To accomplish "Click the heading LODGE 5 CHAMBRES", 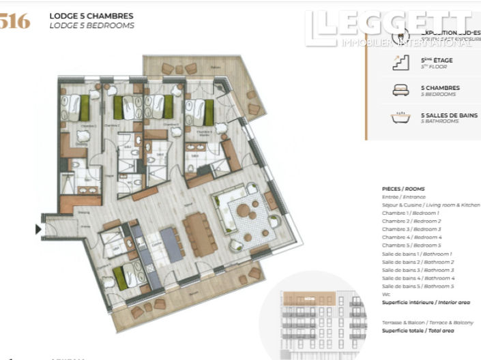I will click(91, 15).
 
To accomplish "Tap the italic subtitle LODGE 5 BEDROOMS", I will click(91, 25).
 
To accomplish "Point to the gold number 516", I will click(15, 21).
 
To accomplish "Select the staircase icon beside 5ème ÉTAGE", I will click(400, 63).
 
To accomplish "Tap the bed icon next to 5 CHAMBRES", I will click(400, 90).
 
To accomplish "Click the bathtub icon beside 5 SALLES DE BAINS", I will click(400, 117).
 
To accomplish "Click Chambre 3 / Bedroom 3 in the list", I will click(411, 229).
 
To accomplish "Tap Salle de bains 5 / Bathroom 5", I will click(418, 286).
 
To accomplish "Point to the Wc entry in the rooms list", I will click(386, 295).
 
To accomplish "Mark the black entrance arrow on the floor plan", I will click(38, 230).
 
